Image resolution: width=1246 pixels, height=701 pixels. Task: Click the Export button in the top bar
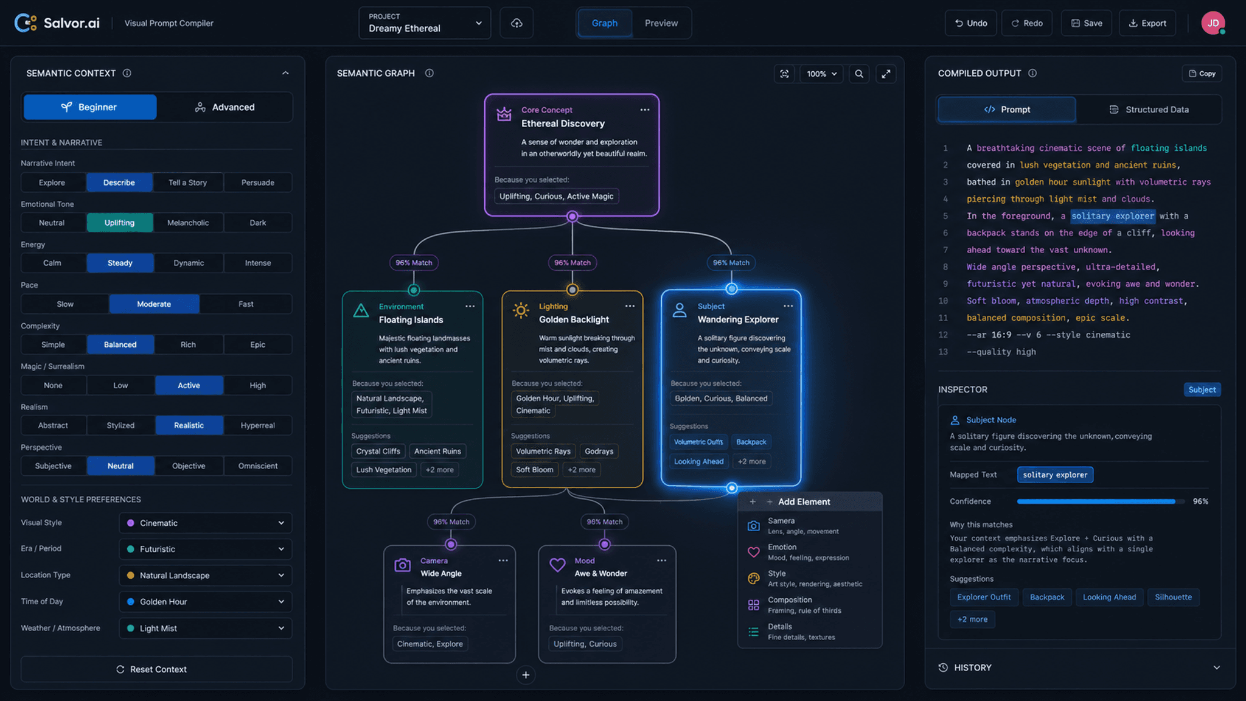tap(1147, 23)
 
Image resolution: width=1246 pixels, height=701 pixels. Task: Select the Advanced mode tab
tap(224, 107)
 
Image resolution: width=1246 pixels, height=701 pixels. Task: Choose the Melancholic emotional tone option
tap(188, 223)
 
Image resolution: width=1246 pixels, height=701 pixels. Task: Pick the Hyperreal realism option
tap(257, 425)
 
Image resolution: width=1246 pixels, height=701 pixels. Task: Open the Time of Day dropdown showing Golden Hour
tap(206, 602)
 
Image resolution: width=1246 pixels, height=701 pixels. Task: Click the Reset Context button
tap(156, 669)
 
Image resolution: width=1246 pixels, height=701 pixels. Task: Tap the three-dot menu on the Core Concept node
tap(645, 110)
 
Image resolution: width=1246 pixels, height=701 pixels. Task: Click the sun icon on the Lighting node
tap(521, 310)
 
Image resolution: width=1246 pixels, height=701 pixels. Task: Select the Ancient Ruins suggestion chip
tap(437, 452)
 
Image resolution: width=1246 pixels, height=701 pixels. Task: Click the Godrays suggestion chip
tap(599, 452)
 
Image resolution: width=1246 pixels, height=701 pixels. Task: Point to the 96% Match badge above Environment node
tap(414, 263)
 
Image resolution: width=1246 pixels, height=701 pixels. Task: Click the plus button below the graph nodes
tap(526, 675)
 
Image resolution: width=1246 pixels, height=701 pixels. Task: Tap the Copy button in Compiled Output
tap(1202, 74)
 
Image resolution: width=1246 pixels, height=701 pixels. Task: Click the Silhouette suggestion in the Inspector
tap(1173, 598)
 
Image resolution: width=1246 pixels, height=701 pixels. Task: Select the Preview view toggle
tap(661, 23)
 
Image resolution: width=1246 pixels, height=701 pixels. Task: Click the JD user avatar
tap(1213, 23)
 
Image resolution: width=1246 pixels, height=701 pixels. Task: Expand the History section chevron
tap(1216, 668)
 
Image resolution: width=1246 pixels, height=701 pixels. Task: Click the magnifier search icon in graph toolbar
tap(859, 74)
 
